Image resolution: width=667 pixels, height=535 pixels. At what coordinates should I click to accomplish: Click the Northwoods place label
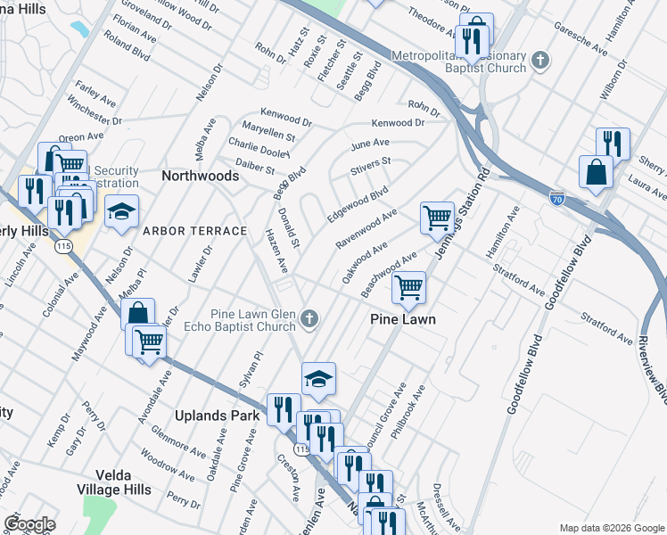coord(200,176)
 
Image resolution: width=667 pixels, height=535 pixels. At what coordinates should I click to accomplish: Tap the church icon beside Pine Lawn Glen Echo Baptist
coord(309,319)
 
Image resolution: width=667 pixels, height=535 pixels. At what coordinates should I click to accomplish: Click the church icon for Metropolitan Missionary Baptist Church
coord(539,61)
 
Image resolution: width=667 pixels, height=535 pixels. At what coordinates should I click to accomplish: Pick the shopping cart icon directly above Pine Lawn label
coord(408,287)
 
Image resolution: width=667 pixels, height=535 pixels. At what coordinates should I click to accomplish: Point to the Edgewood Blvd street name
coord(358,204)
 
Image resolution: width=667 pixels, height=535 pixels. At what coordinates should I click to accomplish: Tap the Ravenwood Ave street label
coord(366,229)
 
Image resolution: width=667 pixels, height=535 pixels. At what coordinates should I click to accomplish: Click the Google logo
coord(29,523)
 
